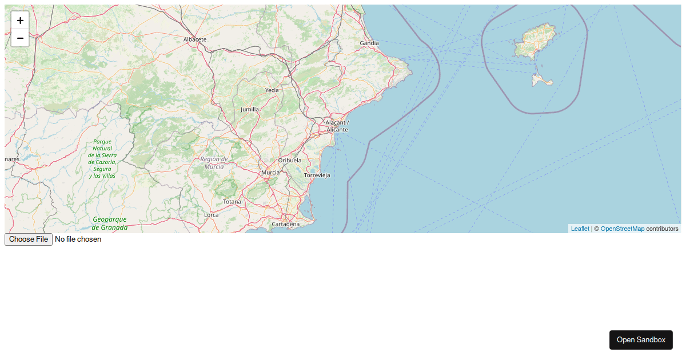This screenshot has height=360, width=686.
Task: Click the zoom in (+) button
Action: [x=20, y=21]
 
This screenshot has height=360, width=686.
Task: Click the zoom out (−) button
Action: [x=20, y=38]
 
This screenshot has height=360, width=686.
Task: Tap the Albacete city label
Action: [x=195, y=39]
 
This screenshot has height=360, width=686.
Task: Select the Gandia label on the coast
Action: [x=369, y=43]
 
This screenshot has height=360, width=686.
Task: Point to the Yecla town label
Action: [x=272, y=90]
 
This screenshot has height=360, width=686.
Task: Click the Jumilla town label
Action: [x=250, y=109]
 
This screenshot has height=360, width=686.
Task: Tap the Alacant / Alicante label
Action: [x=337, y=126]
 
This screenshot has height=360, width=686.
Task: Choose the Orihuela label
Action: [x=290, y=161]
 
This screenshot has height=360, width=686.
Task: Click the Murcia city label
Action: [x=270, y=173]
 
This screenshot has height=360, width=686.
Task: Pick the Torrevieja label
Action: [x=317, y=175]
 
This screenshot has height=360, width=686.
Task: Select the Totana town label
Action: [x=232, y=202]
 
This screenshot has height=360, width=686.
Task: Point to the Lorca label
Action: [x=211, y=215]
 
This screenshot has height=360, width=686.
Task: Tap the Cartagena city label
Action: [x=285, y=224]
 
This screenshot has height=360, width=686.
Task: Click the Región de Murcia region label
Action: [x=214, y=163]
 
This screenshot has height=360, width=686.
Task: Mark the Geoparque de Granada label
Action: [x=110, y=223]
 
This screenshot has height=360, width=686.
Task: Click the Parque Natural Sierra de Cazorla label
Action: [x=102, y=158]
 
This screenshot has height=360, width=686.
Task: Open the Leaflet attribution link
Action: [x=580, y=229]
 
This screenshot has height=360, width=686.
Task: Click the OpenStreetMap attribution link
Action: [x=622, y=229]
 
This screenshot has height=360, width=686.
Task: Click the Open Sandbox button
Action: [x=641, y=340]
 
